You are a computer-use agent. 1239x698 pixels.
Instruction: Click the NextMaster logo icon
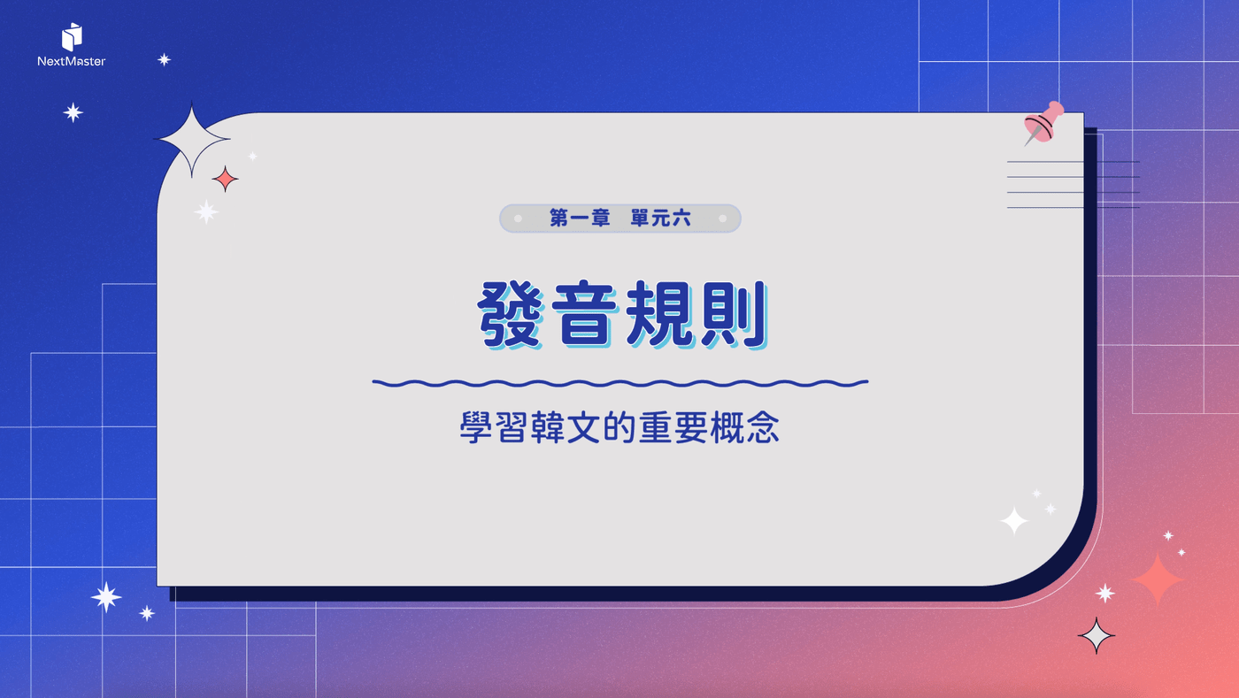tap(72, 36)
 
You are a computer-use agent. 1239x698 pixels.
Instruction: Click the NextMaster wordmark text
tap(72, 61)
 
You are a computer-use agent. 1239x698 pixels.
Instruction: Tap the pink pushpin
tap(1043, 123)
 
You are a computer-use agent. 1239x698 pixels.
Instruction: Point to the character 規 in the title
tap(659, 314)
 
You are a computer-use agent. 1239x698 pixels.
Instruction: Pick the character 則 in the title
tap(734, 314)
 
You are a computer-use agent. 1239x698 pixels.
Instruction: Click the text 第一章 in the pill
tap(580, 218)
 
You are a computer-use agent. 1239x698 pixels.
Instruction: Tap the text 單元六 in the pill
tap(660, 218)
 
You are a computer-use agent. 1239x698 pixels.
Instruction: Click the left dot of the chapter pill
tap(518, 219)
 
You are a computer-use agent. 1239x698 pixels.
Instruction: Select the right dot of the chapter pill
tap(722, 219)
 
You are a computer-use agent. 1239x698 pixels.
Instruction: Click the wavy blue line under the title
tap(620, 383)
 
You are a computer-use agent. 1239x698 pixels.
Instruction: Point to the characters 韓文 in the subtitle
tap(566, 427)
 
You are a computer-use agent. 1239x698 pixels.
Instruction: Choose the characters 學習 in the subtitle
tap(493, 427)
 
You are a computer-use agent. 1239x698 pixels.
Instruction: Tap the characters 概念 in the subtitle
tap(744, 427)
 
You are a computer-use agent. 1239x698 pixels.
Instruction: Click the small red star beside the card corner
tap(225, 179)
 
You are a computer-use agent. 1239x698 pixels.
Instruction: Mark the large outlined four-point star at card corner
tap(192, 140)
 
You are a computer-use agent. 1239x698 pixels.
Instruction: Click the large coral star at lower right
tap(1158, 579)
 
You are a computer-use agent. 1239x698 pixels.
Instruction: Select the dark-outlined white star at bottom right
tap(1097, 635)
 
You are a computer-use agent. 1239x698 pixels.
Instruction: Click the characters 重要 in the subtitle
tap(673, 427)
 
